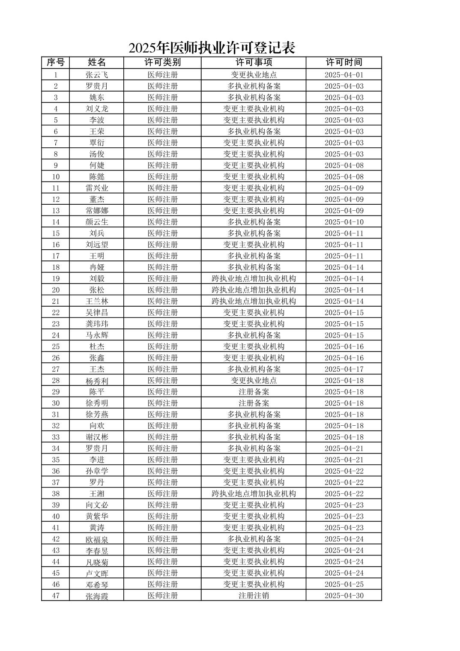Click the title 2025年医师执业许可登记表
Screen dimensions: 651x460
coord(212,48)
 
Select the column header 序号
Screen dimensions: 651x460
coord(55,63)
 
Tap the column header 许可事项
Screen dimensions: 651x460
coord(254,63)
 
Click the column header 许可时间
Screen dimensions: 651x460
coord(344,63)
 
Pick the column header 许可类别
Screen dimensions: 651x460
coord(162,63)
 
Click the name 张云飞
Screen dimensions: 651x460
coord(97,75)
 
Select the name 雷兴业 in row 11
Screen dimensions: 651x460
coord(97,188)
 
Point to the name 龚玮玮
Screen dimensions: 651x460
coord(97,324)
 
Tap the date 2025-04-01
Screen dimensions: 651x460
coord(344,75)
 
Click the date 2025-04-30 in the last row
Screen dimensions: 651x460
coord(344,596)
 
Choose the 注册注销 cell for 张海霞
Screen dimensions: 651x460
coord(254,596)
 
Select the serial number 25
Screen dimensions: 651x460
coord(56,346)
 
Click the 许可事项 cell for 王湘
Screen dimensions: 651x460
coord(254,494)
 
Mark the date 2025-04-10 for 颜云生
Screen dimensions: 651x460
coord(344,222)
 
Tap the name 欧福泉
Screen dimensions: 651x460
coord(97,539)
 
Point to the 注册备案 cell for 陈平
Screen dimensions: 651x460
coord(254,392)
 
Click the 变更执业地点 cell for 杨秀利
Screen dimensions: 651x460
coord(254,380)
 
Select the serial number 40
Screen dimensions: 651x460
coord(56,517)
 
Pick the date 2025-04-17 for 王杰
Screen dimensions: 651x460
coord(344,369)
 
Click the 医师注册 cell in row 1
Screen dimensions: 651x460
coord(162,75)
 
